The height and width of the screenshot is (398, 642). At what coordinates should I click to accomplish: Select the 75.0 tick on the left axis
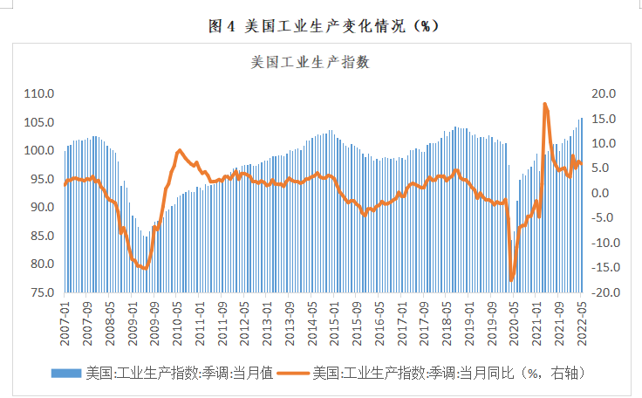tap(41, 292)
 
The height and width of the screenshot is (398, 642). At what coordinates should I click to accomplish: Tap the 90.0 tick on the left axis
tap(41, 207)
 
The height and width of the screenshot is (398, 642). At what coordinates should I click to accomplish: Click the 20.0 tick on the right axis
tap(604, 93)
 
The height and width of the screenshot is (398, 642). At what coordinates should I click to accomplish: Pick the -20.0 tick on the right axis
tap(603, 292)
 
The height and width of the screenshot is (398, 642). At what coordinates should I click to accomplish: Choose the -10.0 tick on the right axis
tap(603, 243)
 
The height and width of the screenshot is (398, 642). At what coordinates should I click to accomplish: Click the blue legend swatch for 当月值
tap(66, 374)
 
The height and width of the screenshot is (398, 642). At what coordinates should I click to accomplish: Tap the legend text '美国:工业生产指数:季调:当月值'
tap(179, 374)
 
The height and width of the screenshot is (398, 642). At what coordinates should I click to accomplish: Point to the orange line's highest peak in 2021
tap(545, 104)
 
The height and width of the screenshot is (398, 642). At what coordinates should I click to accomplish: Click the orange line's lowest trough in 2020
tap(512, 280)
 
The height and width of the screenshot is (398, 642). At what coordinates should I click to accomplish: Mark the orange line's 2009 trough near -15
tap(145, 268)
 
